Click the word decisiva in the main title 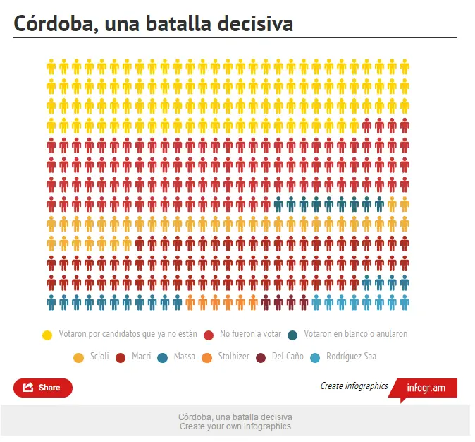point(255,23)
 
